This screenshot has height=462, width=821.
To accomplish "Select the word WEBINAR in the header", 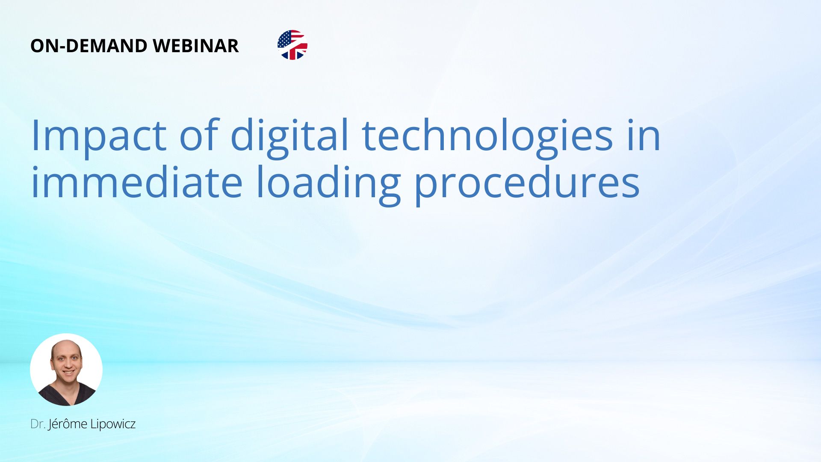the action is (x=195, y=46).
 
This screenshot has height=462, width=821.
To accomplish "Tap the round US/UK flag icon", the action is (x=292, y=45).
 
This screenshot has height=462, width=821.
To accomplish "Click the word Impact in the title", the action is (x=99, y=136).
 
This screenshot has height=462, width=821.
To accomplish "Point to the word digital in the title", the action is (x=290, y=136).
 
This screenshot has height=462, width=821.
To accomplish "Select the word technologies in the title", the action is (x=488, y=136).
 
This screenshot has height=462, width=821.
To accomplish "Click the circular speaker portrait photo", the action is (x=66, y=370).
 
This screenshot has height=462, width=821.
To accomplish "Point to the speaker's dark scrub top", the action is (x=67, y=394).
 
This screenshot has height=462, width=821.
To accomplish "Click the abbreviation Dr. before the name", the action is (x=38, y=424).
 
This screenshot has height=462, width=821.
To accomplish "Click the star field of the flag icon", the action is (x=286, y=40).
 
